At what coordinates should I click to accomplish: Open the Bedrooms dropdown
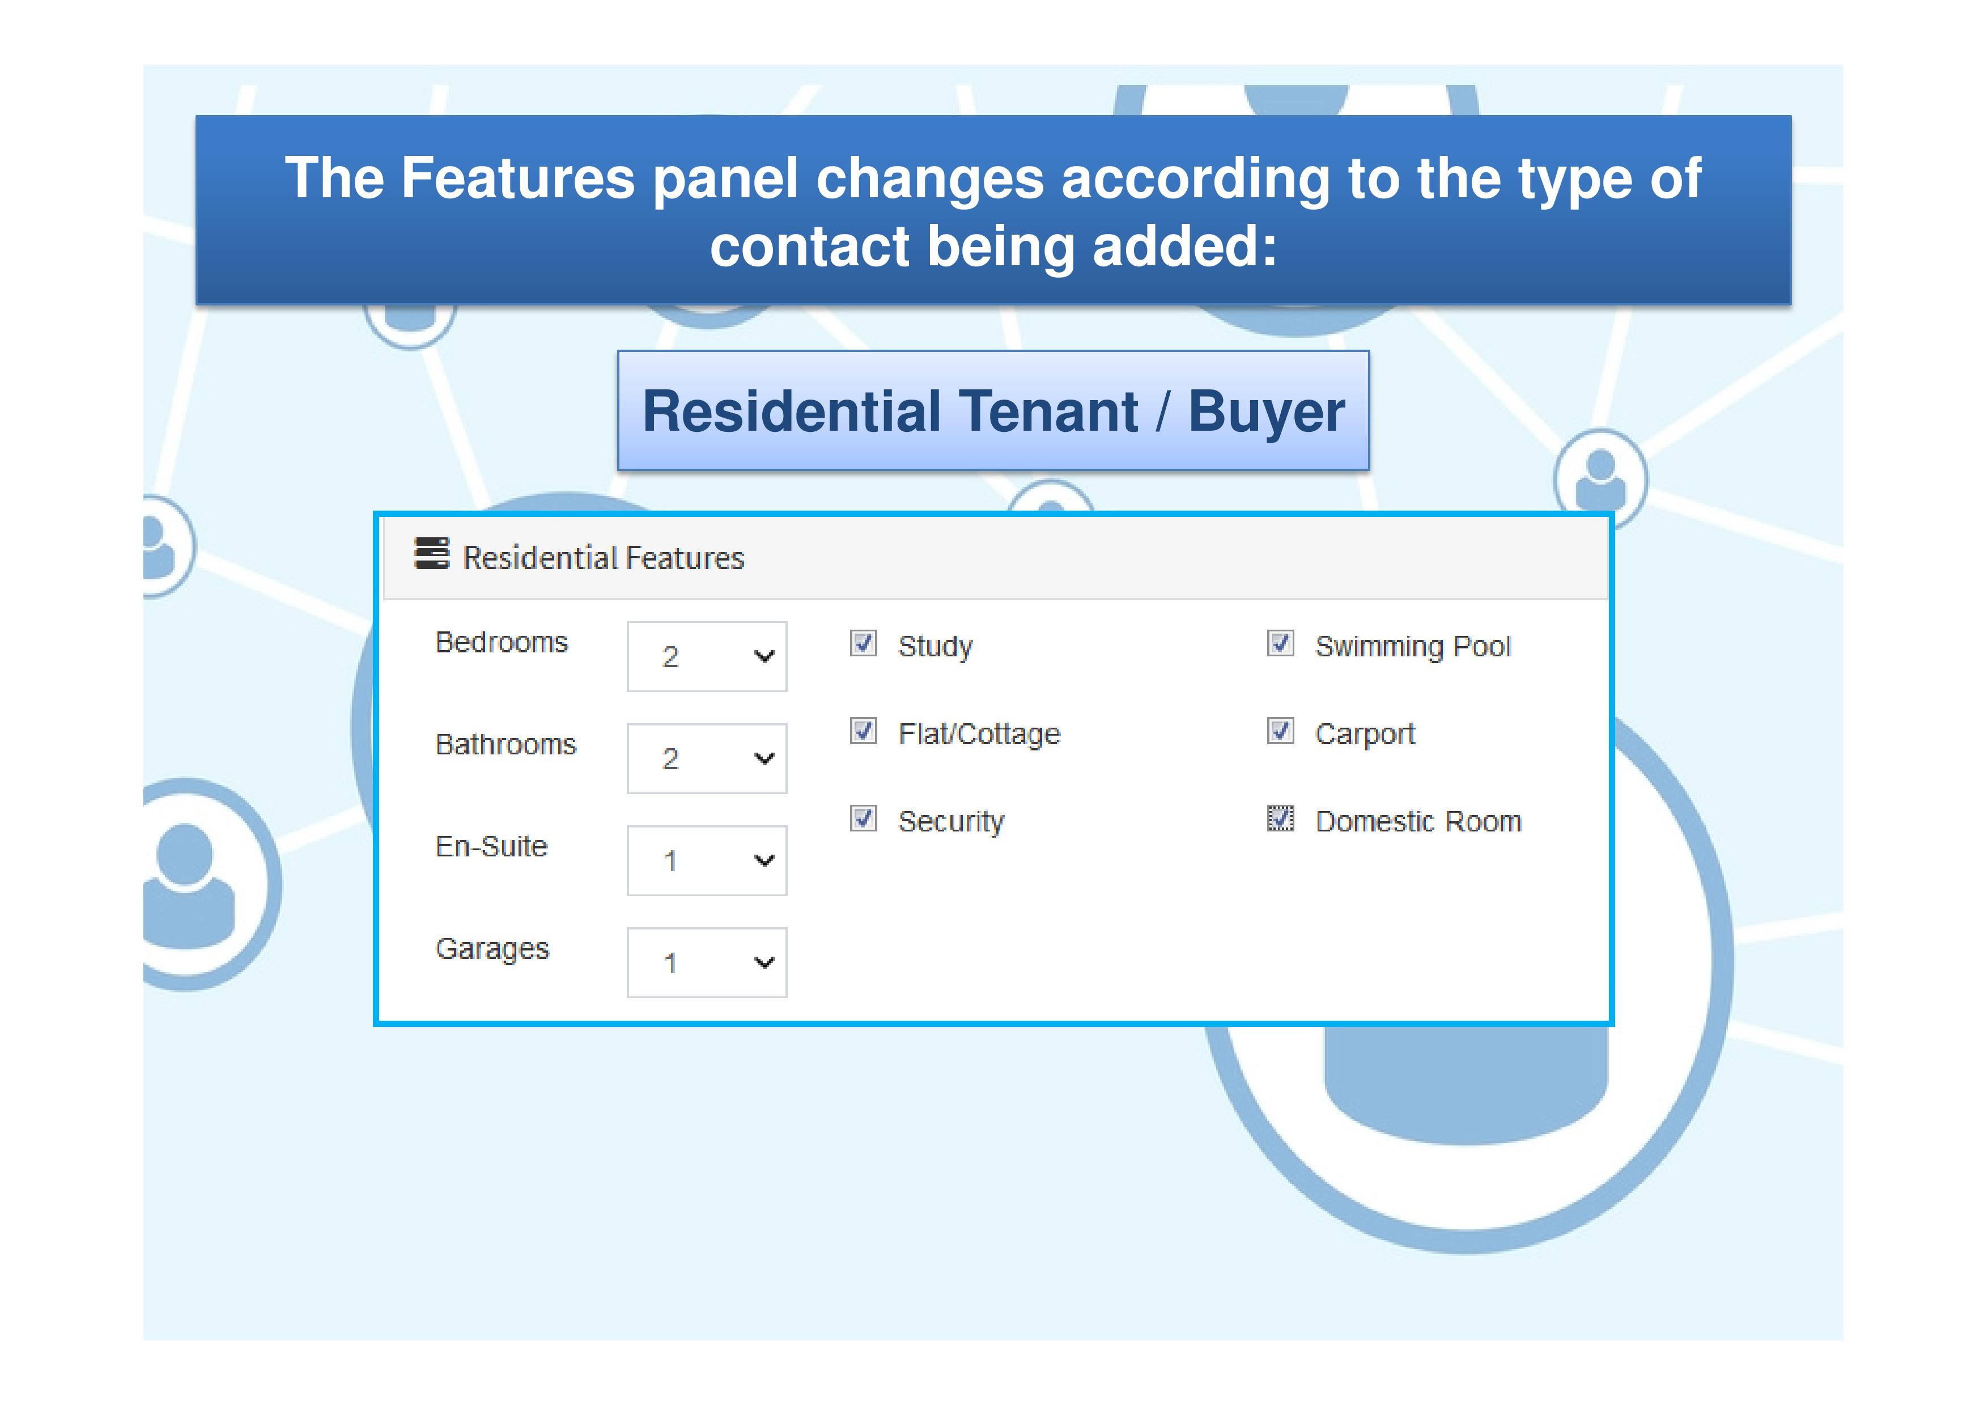[x=707, y=656]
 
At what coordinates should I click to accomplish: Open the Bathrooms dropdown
[x=707, y=758]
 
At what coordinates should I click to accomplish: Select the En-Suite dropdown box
[x=707, y=860]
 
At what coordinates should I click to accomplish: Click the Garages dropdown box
[x=707, y=962]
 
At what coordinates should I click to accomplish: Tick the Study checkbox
[x=863, y=643]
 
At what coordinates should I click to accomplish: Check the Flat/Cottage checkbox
[x=863, y=731]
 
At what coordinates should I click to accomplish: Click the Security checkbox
[x=863, y=818]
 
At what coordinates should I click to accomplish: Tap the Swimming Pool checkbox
[x=1281, y=643]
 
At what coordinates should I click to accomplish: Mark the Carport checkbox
[x=1281, y=731]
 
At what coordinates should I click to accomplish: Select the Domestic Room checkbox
[x=1281, y=818]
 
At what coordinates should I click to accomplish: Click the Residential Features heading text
[x=604, y=558]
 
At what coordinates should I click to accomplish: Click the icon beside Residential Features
[x=431, y=553]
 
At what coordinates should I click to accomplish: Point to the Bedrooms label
[x=502, y=642]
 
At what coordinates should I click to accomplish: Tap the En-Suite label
[x=491, y=847]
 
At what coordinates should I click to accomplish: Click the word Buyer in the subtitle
[x=1267, y=412]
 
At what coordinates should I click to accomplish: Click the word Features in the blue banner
[x=518, y=179]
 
